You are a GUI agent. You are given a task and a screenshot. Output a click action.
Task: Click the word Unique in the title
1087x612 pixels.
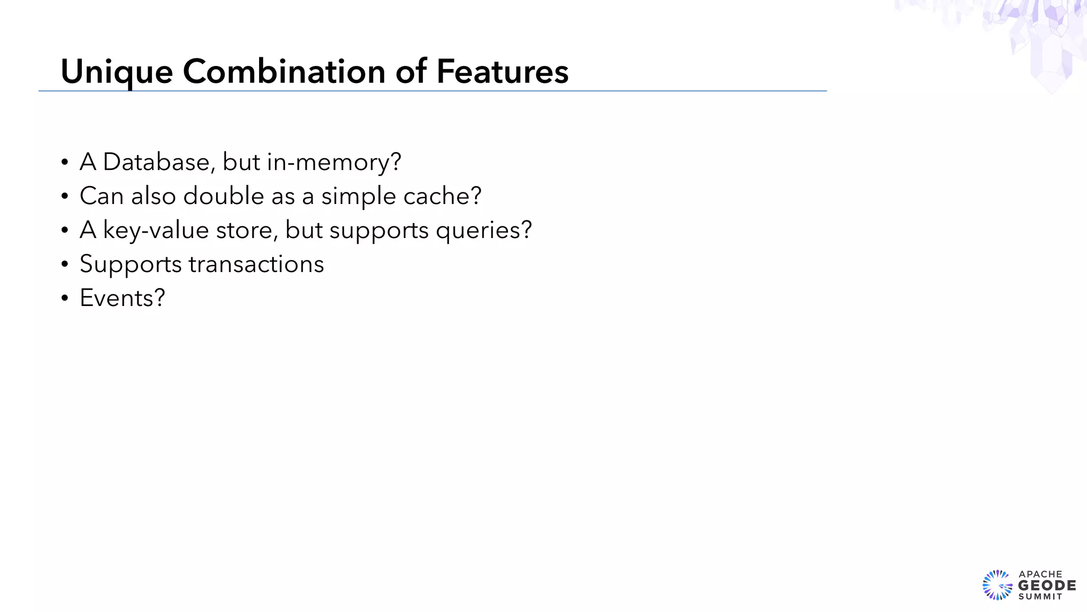coord(117,72)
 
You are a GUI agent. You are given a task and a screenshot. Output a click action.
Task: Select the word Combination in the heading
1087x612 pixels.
coord(284,72)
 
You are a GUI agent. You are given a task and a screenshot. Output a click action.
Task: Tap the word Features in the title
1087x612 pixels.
coord(502,72)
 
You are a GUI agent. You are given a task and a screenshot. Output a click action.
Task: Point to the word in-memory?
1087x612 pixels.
coord(334,162)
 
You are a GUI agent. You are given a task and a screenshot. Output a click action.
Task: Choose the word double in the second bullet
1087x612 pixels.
coord(223,196)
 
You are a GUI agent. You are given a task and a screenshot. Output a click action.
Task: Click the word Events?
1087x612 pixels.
coord(122,298)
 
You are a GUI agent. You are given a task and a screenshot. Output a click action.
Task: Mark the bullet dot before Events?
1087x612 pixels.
coord(65,299)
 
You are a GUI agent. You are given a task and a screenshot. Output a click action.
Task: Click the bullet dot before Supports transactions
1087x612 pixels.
coord(65,265)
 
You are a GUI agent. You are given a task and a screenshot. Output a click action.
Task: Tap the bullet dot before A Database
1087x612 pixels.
coord(65,163)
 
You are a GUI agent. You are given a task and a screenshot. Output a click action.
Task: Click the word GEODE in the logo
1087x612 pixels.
coord(1047,585)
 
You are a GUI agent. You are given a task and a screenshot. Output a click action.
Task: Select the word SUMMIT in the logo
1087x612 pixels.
coord(1040,597)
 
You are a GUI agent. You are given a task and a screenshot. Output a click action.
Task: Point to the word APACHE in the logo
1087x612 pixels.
coord(1040,574)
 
